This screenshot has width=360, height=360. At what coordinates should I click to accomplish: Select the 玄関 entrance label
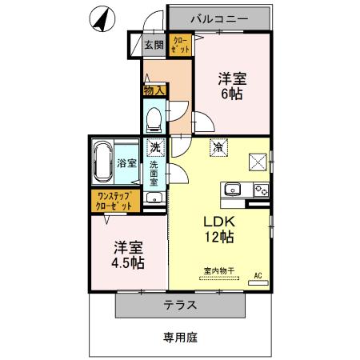click(153, 46)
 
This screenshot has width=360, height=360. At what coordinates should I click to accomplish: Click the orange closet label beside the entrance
click(180, 46)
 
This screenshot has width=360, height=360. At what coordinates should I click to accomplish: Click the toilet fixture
click(154, 118)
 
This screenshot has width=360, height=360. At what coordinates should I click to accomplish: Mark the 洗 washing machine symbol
click(155, 147)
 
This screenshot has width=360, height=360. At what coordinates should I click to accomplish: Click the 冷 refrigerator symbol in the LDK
click(218, 146)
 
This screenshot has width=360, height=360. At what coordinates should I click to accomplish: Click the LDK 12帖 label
click(216, 229)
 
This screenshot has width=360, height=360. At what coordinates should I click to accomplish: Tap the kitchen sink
click(232, 190)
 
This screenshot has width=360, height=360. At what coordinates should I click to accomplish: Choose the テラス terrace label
click(182, 305)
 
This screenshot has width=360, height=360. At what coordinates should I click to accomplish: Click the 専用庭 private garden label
click(181, 338)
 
